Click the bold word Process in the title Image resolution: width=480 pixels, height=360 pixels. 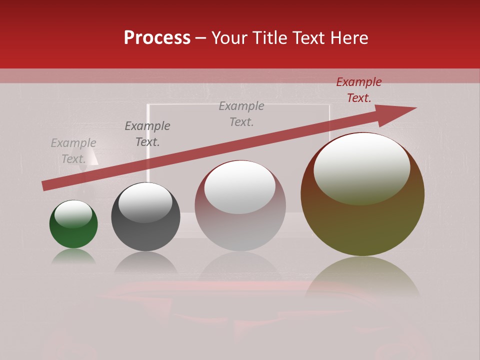click(x=157, y=38)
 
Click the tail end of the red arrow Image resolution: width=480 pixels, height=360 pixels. click(x=45, y=186)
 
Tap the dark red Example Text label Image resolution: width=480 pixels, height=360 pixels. click(x=358, y=90)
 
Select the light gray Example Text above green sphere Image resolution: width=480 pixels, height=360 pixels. click(x=73, y=151)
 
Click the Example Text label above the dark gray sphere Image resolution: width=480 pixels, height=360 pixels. click(x=147, y=134)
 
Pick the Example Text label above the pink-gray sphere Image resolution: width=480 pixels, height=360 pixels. click(x=241, y=114)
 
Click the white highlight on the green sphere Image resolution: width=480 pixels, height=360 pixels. click(x=73, y=214)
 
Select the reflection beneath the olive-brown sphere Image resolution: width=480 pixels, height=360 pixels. click(x=362, y=277)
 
